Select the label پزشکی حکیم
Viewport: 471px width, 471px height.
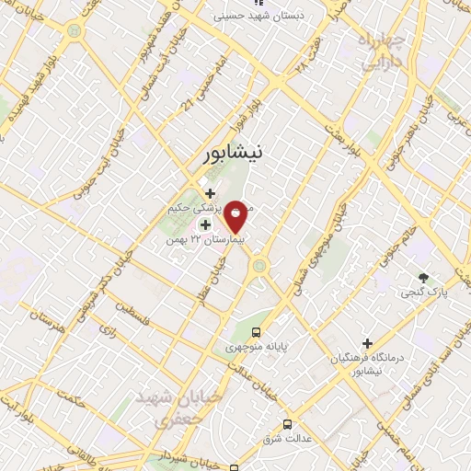pos(198,210)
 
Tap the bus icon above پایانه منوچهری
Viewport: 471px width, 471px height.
pos(257,332)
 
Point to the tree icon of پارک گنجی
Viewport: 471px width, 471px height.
pos(423,277)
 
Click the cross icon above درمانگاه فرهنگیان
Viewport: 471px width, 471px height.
pos(367,343)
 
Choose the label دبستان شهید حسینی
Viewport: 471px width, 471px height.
pos(270,16)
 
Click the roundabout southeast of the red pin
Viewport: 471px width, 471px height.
pos(259,266)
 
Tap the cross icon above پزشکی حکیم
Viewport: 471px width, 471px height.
pos(210,193)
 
